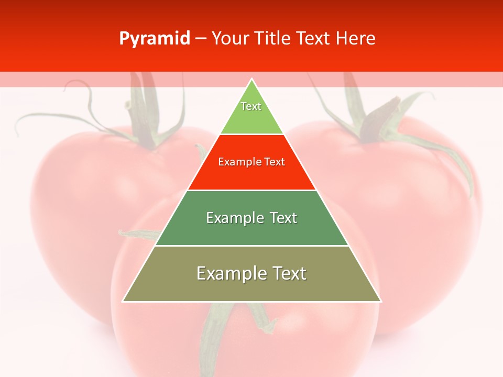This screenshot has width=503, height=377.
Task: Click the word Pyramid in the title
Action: pyautogui.click(x=154, y=39)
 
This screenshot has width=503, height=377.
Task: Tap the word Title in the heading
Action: pyautogui.click(x=275, y=39)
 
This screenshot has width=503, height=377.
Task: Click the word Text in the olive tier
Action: pyautogui.click(x=288, y=273)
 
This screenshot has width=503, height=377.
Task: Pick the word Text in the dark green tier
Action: pyautogui.click(x=283, y=218)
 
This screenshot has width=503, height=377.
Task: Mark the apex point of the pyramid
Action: pyautogui.click(x=252, y=79)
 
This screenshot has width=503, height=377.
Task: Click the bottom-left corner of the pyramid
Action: pyautogui.click(x=123, y=301)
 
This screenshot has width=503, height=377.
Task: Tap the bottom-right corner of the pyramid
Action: pyautogui.click(x=380, y=301)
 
